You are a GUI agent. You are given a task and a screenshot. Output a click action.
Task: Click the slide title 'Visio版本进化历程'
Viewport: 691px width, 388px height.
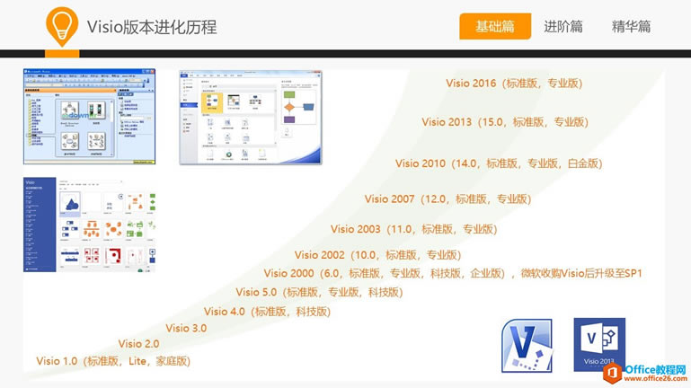[x=151, y=27]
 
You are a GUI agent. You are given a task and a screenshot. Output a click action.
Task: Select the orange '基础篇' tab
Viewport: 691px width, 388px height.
[x=495, y=27]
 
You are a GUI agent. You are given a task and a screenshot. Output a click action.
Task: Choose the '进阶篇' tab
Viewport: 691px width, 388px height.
[x=563, y=27]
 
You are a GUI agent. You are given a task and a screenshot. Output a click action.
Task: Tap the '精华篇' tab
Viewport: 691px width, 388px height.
[x=631, y=27]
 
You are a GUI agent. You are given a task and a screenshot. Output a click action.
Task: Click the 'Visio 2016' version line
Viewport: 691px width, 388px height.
[x=514, y=84]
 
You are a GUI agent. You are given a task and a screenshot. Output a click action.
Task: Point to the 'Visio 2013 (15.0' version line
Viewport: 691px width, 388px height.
[x=504, y=122]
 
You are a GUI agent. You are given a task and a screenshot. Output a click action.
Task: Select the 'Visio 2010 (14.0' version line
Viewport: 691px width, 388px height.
[x=498, y=163]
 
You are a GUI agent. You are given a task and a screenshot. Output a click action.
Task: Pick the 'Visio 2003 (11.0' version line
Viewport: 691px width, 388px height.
[x=413, y=230]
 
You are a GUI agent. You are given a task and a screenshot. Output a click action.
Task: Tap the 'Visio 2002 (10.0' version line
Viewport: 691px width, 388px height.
[x=377, y=255]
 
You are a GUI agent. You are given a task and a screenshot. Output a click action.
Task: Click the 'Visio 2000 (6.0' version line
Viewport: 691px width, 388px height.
[x=453, y=274]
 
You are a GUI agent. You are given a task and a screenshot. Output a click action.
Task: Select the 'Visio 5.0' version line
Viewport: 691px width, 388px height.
[x=319, y=292]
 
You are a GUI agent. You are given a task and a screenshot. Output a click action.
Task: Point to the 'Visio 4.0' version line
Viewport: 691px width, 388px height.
[x=267, y=312]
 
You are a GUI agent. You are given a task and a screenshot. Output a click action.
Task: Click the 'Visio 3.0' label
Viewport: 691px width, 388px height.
[x=186, y=329]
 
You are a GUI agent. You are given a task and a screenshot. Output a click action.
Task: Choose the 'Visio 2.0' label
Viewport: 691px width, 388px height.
[x=138, y=344]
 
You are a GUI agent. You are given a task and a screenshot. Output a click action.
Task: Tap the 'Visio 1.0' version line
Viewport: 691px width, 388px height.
[x=113, y=361]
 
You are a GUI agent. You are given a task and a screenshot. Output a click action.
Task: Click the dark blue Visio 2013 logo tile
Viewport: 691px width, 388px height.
[x=599, y=344]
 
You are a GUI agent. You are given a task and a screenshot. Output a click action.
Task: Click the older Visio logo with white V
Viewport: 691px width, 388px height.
[x=526, y=344]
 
